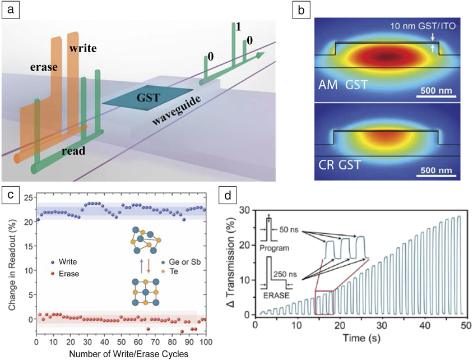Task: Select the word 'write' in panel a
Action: [83, 48]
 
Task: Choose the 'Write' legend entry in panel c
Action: [69, 261]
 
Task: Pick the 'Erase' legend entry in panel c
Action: [69, 274]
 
